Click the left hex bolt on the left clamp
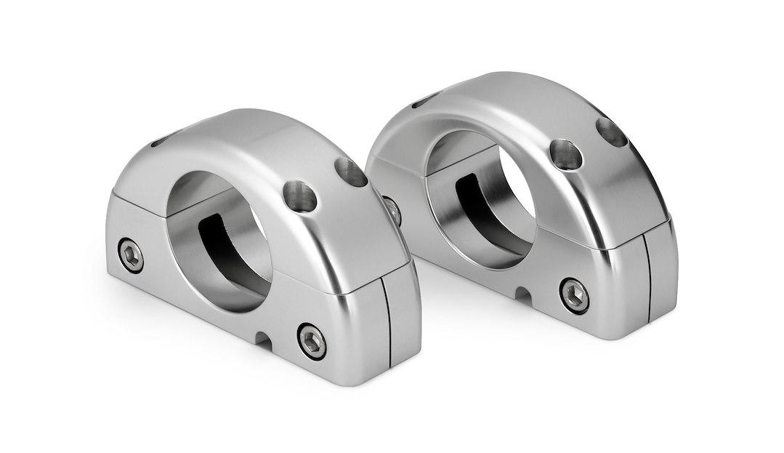131,254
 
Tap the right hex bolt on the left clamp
312,340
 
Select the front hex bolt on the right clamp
574,295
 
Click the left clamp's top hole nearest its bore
301,196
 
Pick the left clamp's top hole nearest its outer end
350,172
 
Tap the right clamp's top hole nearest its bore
566,155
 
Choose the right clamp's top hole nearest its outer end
611,132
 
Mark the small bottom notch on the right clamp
522,294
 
